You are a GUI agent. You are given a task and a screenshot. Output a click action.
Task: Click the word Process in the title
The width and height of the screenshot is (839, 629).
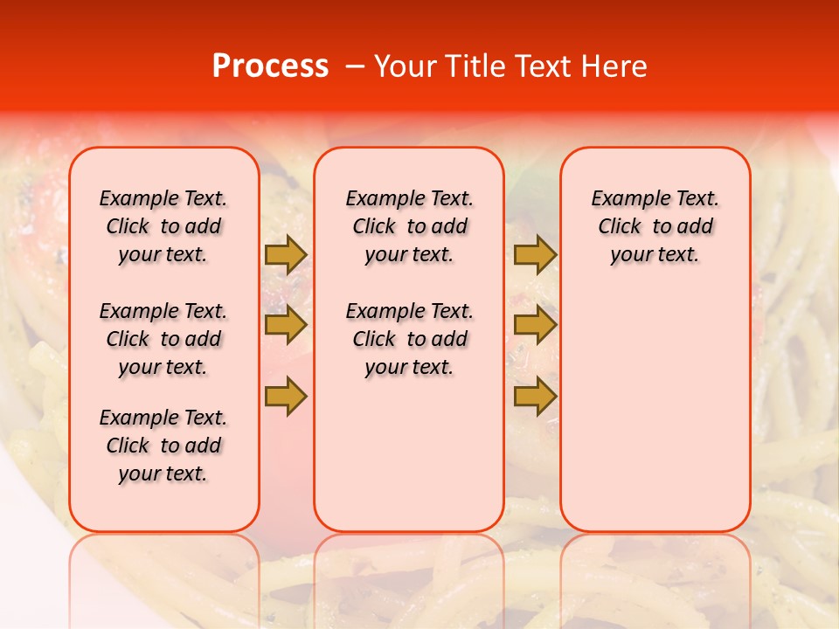[x=270, y=66]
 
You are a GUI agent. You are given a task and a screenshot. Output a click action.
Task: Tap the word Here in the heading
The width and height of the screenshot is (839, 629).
[x=614, y=66]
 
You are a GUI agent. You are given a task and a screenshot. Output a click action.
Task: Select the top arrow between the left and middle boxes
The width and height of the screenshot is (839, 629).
[x=286, y=255]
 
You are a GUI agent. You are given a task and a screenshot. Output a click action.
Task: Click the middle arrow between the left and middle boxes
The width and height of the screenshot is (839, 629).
[x=286, y=326]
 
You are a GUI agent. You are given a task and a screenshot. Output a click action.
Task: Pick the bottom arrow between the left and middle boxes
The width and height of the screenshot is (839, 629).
[x=286, y=396]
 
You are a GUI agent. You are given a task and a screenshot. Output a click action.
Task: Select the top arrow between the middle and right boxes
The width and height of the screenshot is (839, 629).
[x=535, y=255]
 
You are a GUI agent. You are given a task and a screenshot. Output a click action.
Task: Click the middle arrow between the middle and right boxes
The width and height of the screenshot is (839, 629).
[x=535, y=326]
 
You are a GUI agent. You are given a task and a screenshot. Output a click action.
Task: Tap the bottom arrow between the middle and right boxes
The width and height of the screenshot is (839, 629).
[x=535, y=396]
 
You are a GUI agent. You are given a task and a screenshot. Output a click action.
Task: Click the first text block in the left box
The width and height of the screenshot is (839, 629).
[x=163, y=226]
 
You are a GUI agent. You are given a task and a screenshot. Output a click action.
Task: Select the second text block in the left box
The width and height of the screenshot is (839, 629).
[x=163, y=339]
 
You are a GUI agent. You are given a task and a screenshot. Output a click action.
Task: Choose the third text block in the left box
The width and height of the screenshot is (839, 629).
[x=163, y=446]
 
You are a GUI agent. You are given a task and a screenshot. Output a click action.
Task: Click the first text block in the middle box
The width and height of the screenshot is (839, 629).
[x=409, y=226]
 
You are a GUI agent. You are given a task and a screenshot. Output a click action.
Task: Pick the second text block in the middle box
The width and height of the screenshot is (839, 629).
[x=409, y=339]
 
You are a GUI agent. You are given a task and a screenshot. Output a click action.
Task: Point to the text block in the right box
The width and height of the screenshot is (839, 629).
[x=655, y=226]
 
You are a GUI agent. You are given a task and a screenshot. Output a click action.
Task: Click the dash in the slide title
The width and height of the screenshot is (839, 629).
[x=356, y=66]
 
